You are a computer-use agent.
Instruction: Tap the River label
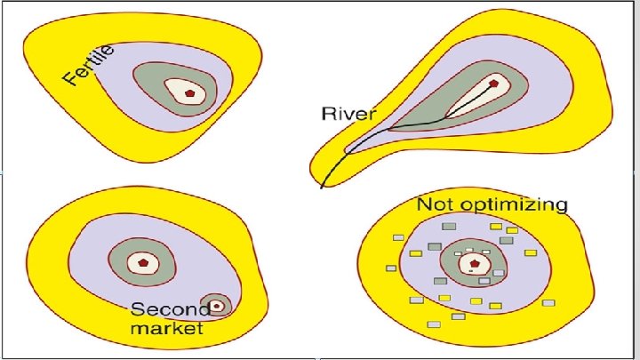tap(348, 115)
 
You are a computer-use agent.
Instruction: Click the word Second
tap(170, 309)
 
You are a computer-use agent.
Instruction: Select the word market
tap(167, 328)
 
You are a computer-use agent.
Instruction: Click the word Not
tap(437, 205)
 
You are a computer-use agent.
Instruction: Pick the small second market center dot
tap(216, 304)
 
